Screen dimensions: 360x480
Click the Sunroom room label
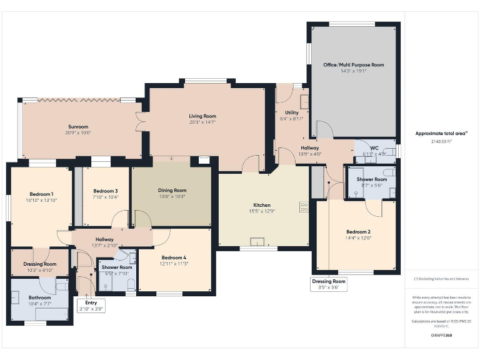point(78,127)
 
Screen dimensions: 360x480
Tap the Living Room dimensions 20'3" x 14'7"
point(202,122)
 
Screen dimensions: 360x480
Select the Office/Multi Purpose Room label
point(353,65)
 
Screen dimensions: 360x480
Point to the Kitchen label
point(262,205)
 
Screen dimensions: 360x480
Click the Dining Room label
point(171,191)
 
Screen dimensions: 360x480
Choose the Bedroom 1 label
point(41,194)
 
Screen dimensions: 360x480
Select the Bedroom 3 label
point(105,191)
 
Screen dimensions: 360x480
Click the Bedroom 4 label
point(174,258)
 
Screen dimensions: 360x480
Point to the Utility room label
point(292,112)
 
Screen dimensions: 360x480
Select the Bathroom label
point(39,297)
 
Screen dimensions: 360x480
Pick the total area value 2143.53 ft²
point(441,142)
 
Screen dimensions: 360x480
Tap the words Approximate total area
point(441,133)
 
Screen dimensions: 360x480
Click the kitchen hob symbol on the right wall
point(304,207)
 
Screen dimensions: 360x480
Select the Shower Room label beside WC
point(372,179)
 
